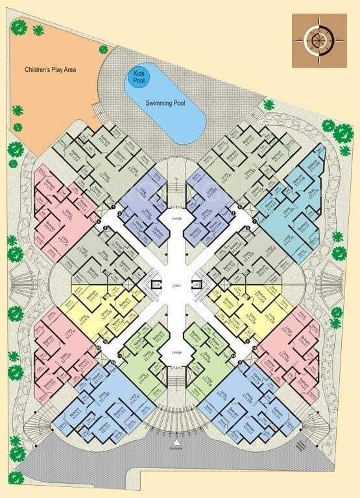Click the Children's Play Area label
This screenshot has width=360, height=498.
[x=51, y=69]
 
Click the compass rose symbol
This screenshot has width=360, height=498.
[x=318, y=40]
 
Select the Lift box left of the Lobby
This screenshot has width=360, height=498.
[x=156, y=284]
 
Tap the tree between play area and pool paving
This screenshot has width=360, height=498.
[x=103, y=49]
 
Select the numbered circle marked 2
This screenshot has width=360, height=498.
[x=105, y=229]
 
